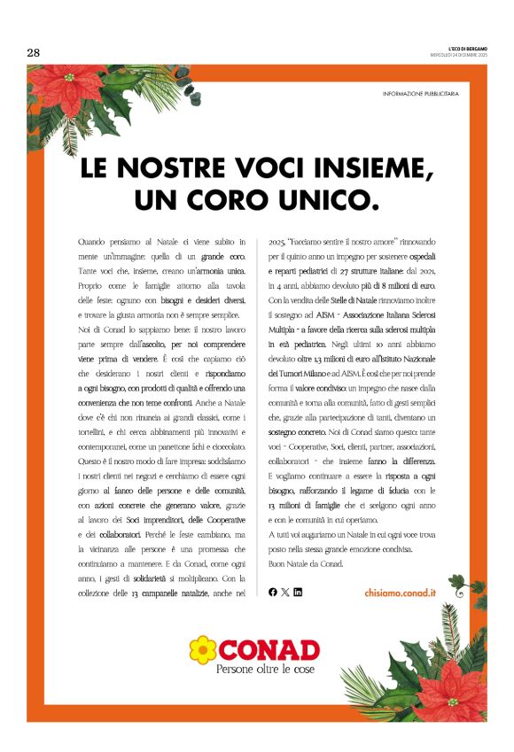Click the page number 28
34,52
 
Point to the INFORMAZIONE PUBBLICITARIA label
421,94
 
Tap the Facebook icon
273,592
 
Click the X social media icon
285,592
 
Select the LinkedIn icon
298,592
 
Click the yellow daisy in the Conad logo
203,650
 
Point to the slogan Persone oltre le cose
265,671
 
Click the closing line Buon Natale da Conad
304,562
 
